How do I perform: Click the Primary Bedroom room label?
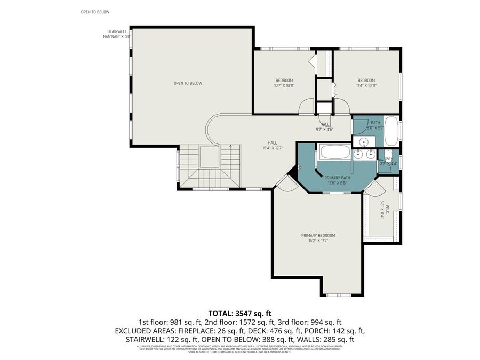click(x=318, y=235)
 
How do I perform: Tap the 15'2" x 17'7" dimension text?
click(x=318, y=241)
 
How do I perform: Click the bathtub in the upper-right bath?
click(x=391, y=131)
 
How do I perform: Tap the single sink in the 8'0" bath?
click(x=364, y=142)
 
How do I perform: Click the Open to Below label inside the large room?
click(x=188, y=83)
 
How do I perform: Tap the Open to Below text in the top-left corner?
click(x=95, y=11)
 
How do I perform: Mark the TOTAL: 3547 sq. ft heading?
click(x=239, y=313)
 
